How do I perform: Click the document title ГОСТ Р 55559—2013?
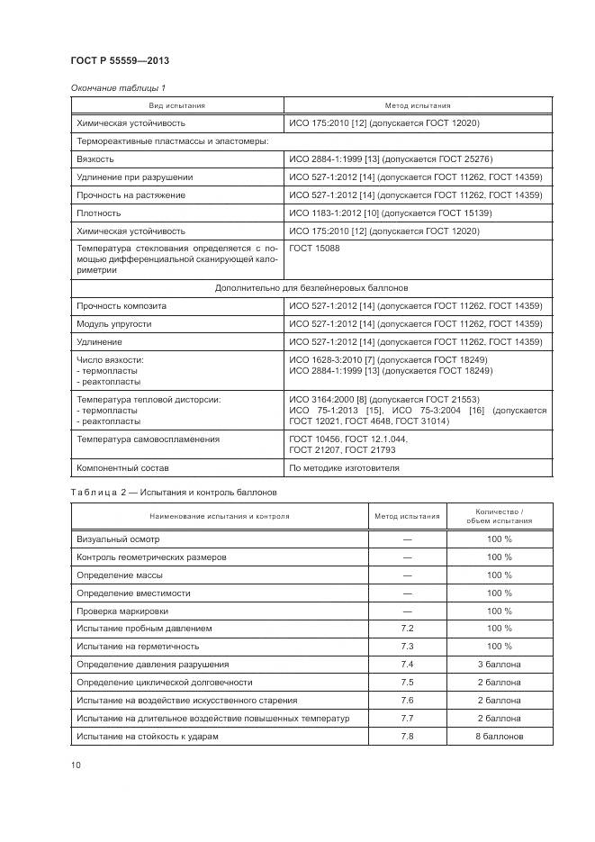click(x=119, y=61)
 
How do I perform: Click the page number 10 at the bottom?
click(x=76, y=765)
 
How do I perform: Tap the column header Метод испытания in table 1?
click(x=418, y=105)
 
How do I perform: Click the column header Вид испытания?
click(x=177, y=105)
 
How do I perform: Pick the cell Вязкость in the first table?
click(x=95, y=158)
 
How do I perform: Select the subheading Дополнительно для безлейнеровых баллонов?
click(x=311, y=288)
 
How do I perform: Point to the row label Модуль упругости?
click(x=114, y=323)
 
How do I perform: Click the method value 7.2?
click(x=407, y=628)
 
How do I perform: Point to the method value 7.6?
click(x=407, y=700)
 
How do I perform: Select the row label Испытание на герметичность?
click(x=138, y=646)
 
